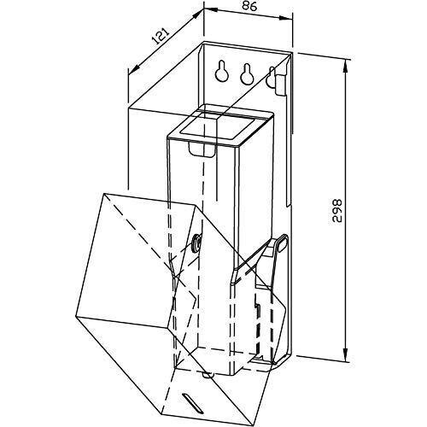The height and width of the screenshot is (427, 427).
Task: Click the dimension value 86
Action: [249, 6]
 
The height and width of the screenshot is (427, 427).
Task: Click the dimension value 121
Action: [161, 36]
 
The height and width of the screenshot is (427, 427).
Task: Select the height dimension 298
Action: [336, 210]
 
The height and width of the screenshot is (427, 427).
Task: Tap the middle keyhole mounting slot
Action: [247, 73]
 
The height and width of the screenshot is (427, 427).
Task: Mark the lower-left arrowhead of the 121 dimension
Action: [135, 69]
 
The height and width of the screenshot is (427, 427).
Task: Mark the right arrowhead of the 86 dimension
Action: [285, 19]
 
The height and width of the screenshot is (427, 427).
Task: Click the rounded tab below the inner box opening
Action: [202, 149]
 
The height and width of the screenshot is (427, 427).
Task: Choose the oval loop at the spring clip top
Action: [282, 243]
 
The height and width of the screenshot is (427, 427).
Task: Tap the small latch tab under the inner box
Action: [208, 375]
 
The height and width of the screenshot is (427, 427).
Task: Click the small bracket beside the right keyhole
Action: [280, 85]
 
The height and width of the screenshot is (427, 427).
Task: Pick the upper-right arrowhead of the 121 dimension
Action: [197, 15]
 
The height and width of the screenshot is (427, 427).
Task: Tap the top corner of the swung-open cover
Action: [105, 193]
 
